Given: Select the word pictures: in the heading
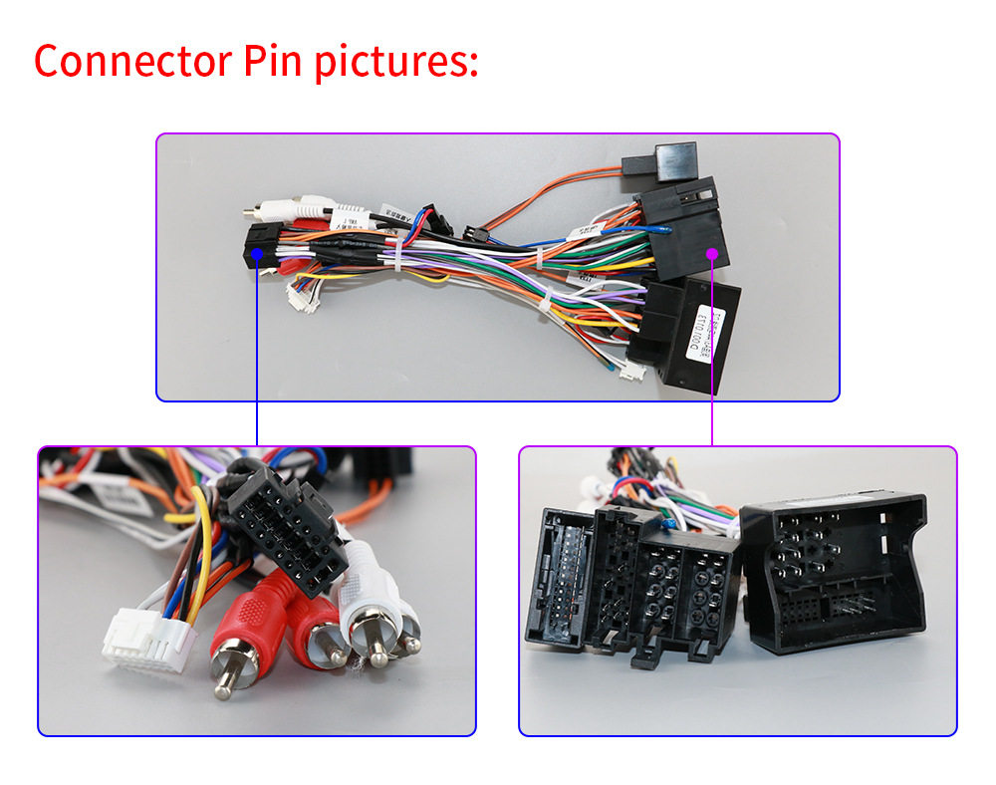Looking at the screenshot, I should [396, 63].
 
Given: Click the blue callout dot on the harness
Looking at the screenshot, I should [257, 254].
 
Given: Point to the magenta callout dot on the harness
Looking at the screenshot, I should [712, 254].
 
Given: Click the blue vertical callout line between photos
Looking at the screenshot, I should [257, 398].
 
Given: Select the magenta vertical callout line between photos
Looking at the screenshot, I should [712, 398].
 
